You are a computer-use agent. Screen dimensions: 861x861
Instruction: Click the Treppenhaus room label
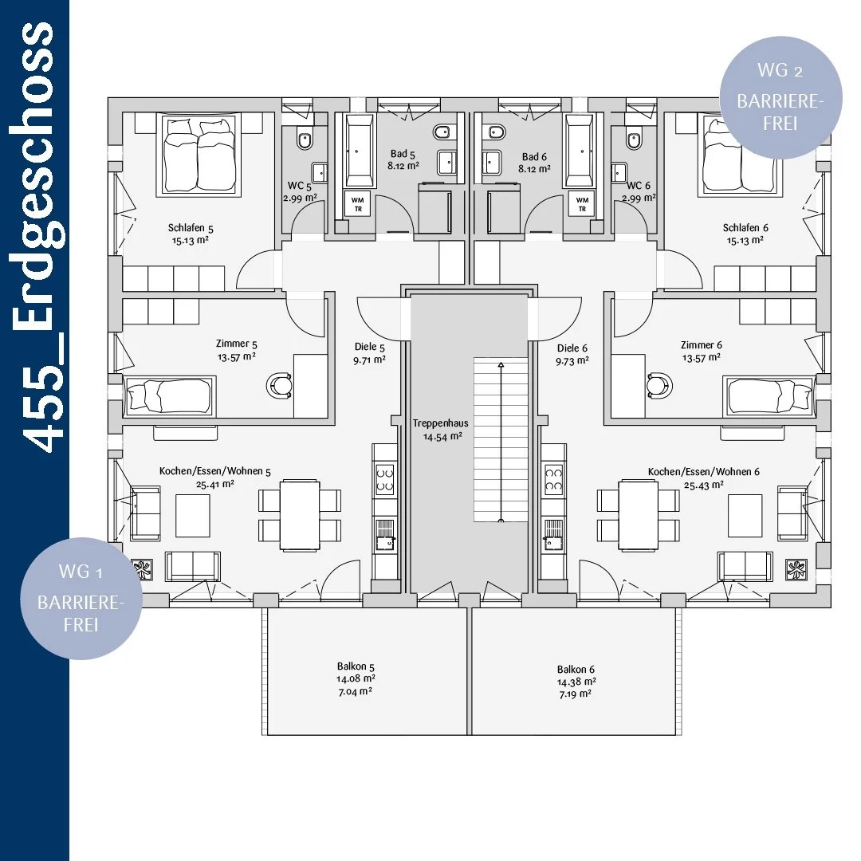(440, 423)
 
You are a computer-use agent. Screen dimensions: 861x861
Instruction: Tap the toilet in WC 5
(305, 139)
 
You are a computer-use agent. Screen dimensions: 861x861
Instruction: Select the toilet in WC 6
(634, 140)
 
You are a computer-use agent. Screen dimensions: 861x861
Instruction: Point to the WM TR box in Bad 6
(582, 204)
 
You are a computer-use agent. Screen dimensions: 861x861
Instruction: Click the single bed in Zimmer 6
(769, 395)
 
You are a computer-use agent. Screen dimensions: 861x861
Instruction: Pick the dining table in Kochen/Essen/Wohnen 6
(638, 515)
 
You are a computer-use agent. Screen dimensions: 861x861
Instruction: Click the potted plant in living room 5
(142, 569)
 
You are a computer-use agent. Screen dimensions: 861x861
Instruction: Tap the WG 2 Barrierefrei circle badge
(780, 98)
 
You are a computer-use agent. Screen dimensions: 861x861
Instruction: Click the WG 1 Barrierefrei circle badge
(81, 599)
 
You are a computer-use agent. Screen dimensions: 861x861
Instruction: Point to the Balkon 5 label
(356, 666)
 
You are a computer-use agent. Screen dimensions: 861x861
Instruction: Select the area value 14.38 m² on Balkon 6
(576, 682)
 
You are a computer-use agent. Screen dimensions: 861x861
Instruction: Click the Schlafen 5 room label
(191, 227)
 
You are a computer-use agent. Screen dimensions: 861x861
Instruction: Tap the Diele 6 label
(572, 348)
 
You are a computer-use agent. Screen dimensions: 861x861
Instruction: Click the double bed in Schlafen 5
(199, 155)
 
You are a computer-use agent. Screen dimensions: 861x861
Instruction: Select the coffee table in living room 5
(193, 516)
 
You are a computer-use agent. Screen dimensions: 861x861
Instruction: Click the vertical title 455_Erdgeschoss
(37, 238)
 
